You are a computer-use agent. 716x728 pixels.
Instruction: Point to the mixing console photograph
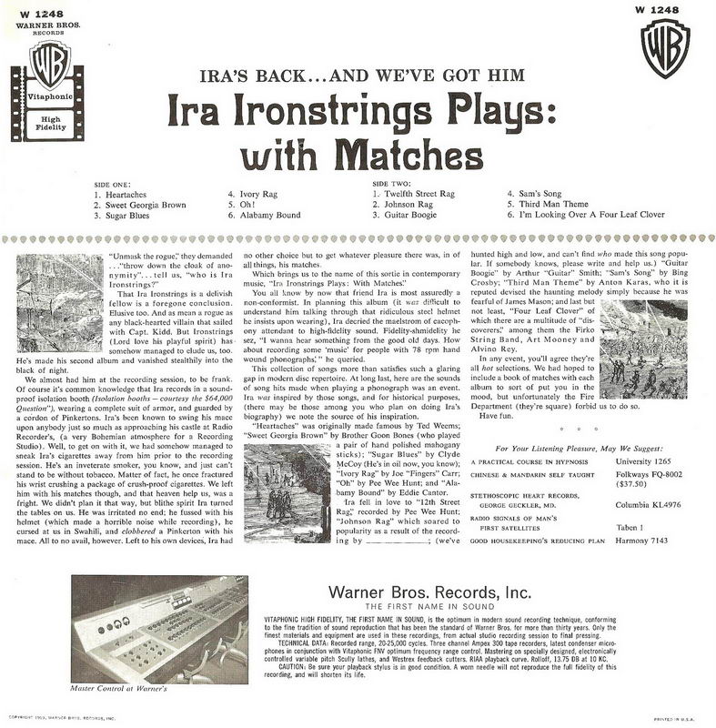(x=159, y=629)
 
